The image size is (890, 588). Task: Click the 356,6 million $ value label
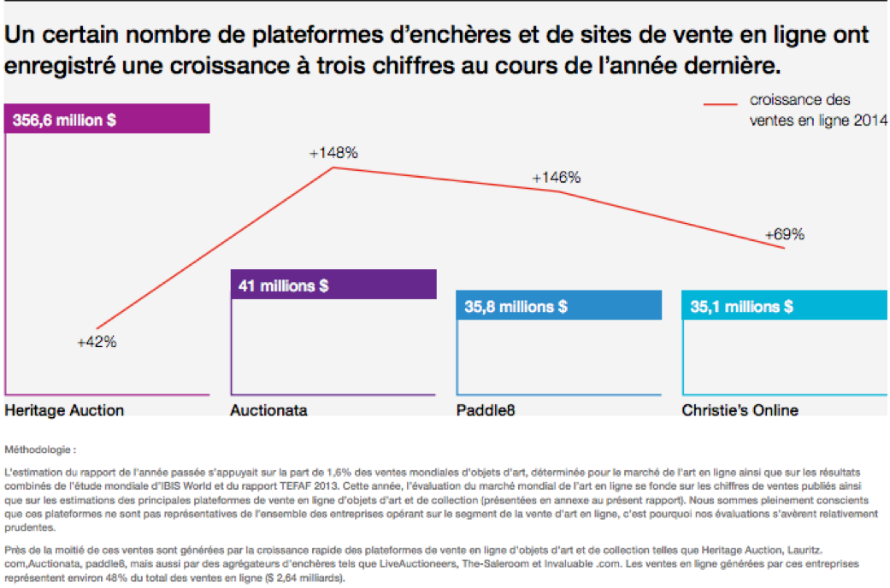(x=64, y=121)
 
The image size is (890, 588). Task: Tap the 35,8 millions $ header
(x=516, y=306)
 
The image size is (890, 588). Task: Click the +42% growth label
(x=97, y=342)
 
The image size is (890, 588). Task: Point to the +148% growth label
(x=333, y=153)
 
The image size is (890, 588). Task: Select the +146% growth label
(x=556, y=178)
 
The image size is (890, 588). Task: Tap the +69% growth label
(x=784, y=234)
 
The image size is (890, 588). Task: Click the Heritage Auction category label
(x=64, y=410)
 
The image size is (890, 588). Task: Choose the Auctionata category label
(x=268, y=410)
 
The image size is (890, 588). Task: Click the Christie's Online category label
(x=740, y=410)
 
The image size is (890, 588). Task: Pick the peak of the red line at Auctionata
(x=333, y=168)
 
